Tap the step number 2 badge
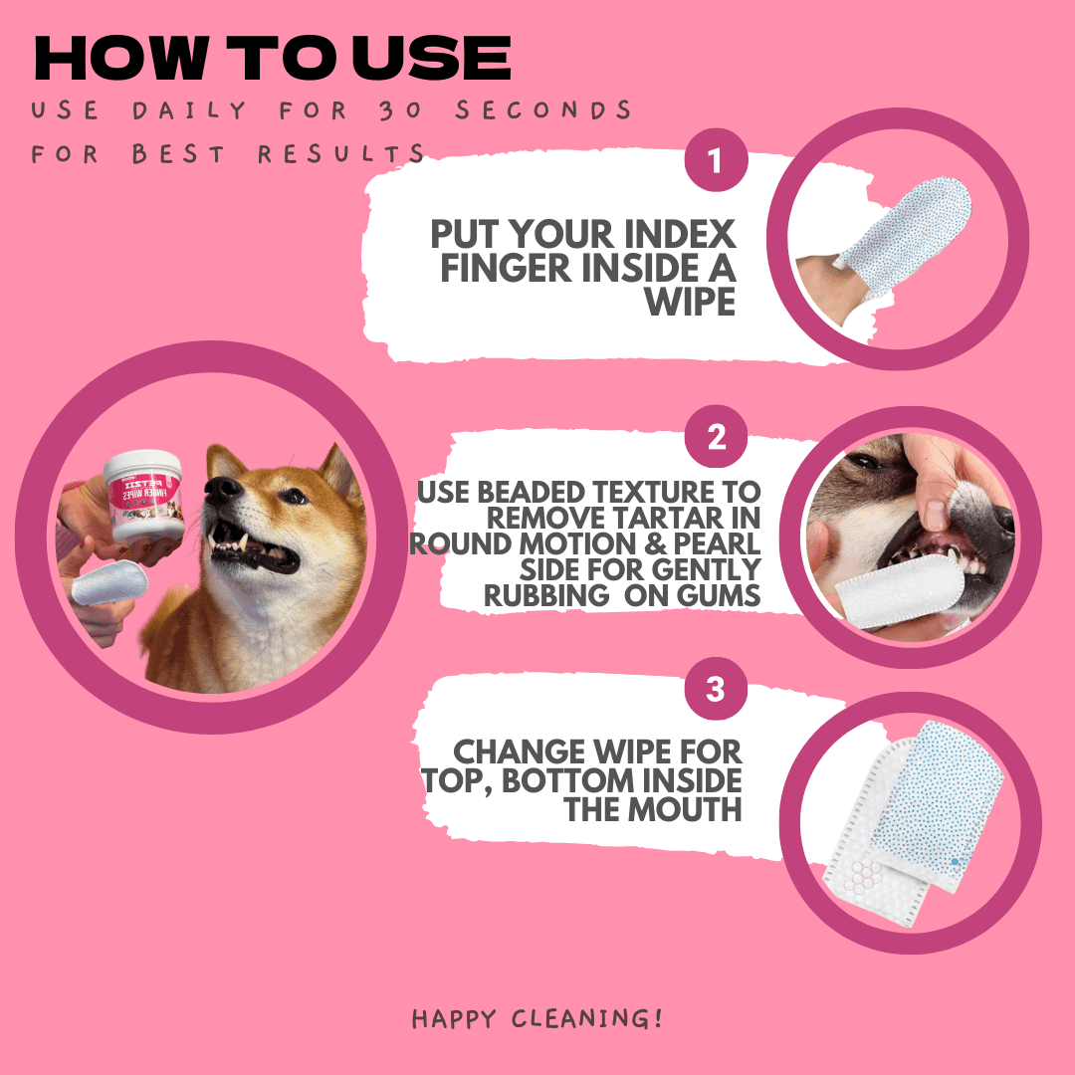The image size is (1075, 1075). [x=717, y=438]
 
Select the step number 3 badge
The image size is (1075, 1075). [x=716, y=690]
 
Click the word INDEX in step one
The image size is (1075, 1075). [x=683, y=236]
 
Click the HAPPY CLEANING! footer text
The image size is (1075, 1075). [x=537, y=1018]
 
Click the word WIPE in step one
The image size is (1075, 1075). [x=690, y=300]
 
